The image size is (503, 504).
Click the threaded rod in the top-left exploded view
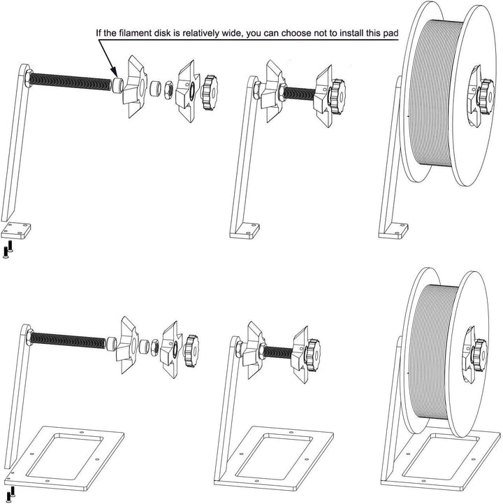pos(70,82)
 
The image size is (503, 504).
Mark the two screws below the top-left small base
pos(8,249)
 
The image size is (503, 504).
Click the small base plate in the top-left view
pos(17,229)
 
